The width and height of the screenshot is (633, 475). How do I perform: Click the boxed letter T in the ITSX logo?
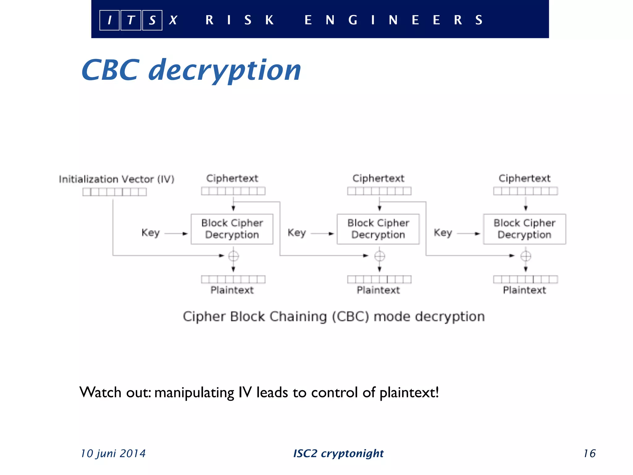point(131,20)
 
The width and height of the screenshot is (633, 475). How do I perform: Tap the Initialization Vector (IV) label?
point(117,179)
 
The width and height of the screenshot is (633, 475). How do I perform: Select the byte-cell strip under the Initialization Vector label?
point(114,192)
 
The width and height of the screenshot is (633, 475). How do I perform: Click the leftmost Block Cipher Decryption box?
point(232,229)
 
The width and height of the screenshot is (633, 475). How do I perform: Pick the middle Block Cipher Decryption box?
point(378,229)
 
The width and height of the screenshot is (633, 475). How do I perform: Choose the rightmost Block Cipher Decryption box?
point(525,229)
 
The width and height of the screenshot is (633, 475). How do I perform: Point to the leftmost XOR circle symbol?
point(233,256)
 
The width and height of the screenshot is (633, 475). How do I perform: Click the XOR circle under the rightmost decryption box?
point(526,256)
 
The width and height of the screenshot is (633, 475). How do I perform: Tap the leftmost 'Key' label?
point(151,233)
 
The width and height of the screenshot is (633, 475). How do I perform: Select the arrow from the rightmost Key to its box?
point(468,234)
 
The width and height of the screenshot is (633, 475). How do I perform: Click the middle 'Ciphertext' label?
point(378,178)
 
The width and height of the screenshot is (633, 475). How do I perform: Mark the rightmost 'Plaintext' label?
point(525,290)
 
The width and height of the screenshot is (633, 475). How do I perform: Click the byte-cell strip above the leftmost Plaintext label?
point(233,279)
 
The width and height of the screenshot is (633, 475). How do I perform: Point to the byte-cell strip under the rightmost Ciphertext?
point(525,191)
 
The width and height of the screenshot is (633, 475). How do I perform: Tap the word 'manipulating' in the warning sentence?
point(194,393)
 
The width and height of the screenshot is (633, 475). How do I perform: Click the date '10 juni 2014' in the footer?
point(113,453)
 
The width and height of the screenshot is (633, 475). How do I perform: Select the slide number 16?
point(589,453)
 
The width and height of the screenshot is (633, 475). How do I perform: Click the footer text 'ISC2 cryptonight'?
point(338,453)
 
